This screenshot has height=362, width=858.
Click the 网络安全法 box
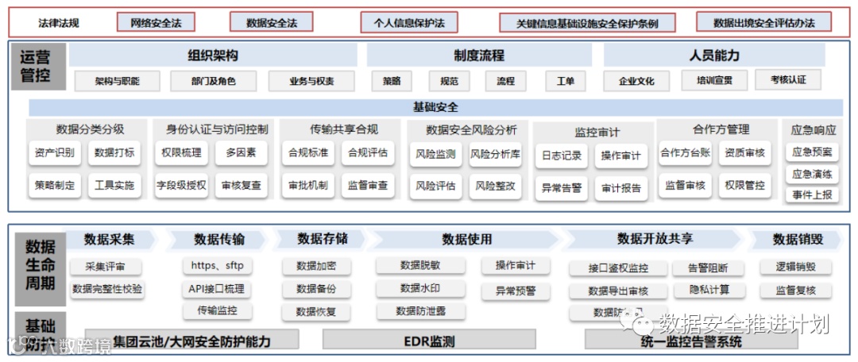(157, 22)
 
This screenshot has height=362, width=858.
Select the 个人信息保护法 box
(409, 22)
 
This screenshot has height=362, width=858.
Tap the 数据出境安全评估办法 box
(763, 22)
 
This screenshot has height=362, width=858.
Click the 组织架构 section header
(212, 56)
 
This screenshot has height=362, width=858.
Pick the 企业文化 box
(636, 81)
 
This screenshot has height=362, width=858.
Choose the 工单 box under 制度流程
(566, 81)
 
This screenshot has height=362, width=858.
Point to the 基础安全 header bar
(435, 107)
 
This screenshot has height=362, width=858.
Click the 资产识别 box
(55, 153)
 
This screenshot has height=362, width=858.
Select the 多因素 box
(242, 153)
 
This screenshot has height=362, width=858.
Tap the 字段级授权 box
(182, 186)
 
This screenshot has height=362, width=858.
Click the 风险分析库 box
(495, 154)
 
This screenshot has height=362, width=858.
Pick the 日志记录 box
(562, 156)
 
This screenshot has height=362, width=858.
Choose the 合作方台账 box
(685, 153)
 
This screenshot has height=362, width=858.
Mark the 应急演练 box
(813, 174)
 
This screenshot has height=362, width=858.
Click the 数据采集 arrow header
(110, 239)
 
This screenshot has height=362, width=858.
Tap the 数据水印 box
(420, 287)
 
